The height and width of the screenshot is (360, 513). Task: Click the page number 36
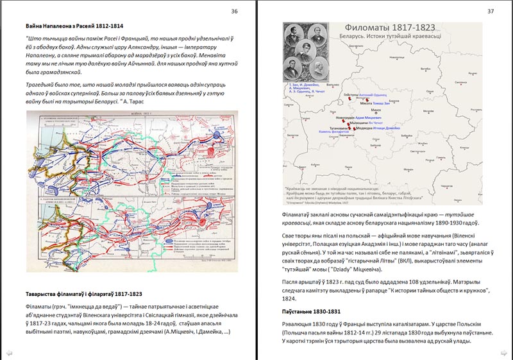pyautogui.click(x=234, y=11)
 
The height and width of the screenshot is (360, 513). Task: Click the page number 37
pyautogui.click(x=491, y=11)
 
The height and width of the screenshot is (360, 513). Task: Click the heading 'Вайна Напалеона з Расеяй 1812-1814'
pyautogui.click(x=79, y=26)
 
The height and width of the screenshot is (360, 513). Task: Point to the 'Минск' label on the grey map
pyautogui.click(x=376, y=110)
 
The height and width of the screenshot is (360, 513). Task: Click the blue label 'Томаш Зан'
pyautogui.click(x=380, y=103)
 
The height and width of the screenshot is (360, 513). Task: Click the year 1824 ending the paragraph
pyautogui.click(x=290, y=298)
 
